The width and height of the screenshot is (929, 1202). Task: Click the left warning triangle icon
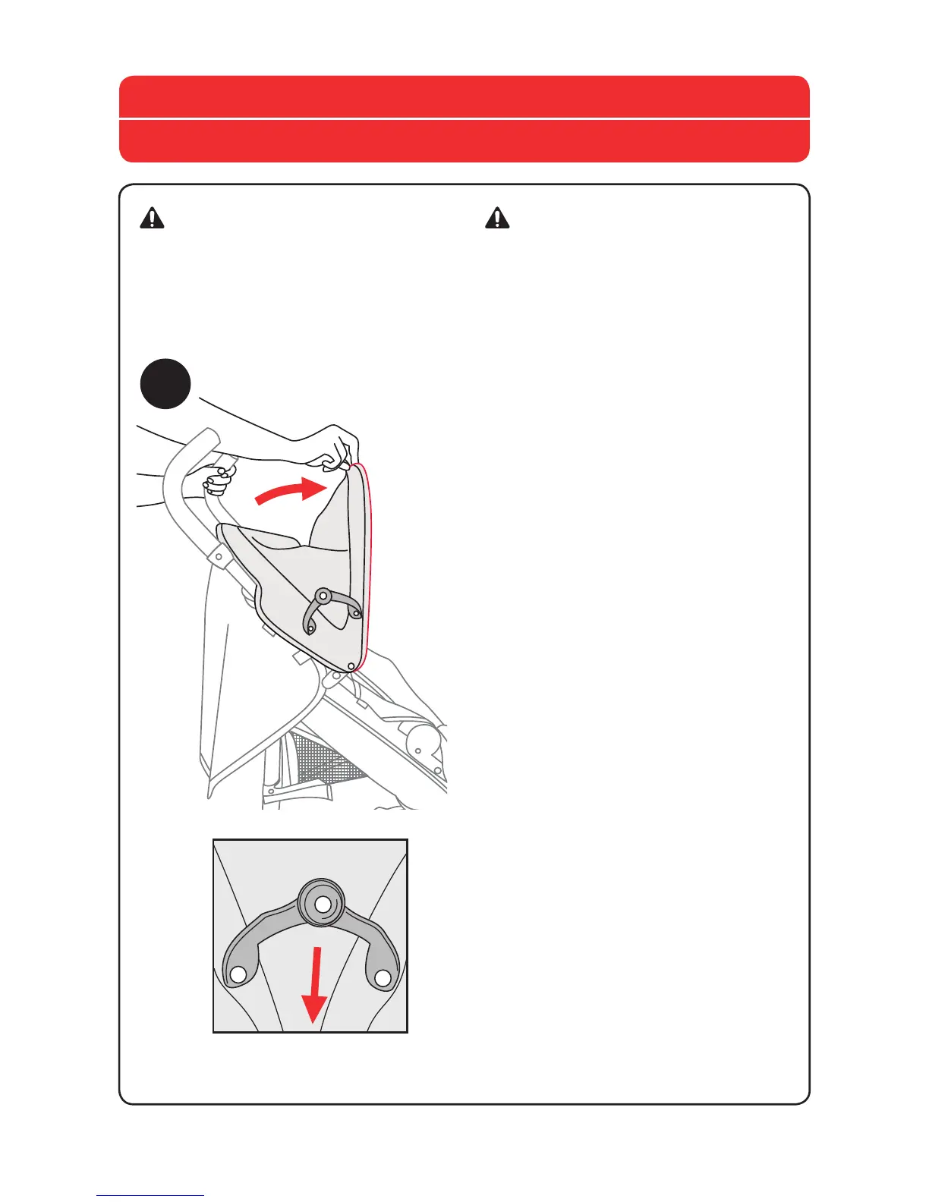pos(153,218)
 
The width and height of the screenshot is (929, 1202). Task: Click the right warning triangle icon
pos(497,218)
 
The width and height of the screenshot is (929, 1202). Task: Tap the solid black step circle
pos(165,384)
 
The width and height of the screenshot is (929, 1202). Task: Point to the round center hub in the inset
pos(323,903)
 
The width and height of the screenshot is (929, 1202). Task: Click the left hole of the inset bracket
pos(238,974)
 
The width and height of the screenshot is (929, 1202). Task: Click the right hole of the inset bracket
pos(383,977)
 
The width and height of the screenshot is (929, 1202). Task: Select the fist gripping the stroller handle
pos(218,480)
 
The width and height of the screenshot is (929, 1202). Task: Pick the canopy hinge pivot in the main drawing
pos(323,596)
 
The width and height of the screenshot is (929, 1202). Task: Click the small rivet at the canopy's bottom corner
pos(351,666)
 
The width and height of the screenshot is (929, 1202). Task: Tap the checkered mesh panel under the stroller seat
pos(326,759)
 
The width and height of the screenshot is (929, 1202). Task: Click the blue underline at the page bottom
pos(150,1196)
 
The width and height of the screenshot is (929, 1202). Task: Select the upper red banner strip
pos(464,96)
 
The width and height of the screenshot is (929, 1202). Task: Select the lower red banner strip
pos(464,141)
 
